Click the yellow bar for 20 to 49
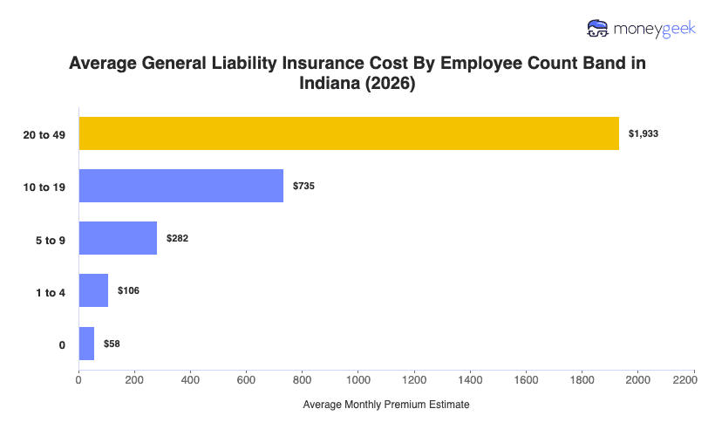point(349,133)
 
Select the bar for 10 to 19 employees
point(181,186)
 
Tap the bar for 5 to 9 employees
point(118,238)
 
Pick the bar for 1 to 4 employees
point(93,290)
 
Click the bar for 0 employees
point(86,344)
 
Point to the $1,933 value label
point(643,134)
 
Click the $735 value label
point(303,187)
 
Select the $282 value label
point(177,239)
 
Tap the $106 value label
point(128,291)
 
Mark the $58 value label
point(112,344)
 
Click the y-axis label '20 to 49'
point(45,134)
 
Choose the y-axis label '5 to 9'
point(51,239)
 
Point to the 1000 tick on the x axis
point(358,379)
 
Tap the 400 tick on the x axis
point(190,379)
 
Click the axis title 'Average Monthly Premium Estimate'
point(386,405)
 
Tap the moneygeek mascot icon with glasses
point(598,29)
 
